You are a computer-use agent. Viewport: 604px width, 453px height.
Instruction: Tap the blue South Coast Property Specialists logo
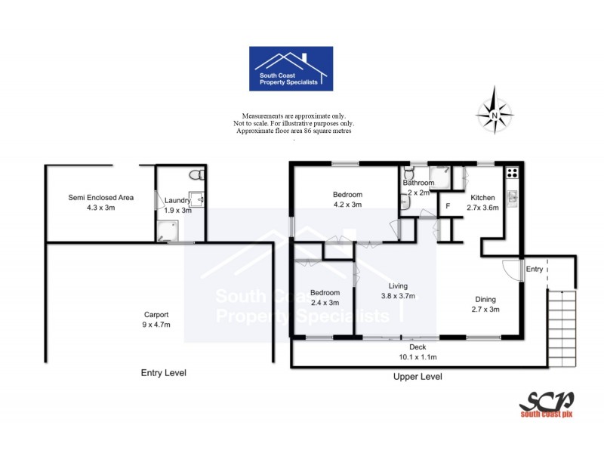tap(291, 69)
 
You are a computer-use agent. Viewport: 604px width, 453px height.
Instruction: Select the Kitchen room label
tap(482, 198)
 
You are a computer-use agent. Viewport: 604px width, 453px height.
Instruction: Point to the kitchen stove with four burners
tap(512, 172)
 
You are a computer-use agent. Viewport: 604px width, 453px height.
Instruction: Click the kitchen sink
tap(513, 198)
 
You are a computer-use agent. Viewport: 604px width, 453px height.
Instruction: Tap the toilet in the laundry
tap(196, 175)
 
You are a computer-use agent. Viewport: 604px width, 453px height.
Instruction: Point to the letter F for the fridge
tap(448, 206)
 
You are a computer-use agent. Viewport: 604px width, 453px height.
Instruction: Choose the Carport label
tap(156, 315)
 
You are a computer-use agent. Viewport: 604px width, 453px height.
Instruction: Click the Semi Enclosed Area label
tap(100, 197)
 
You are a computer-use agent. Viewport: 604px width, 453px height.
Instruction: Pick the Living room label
tap(398, 286)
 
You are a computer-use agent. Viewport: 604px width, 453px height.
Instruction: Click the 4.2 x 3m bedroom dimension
tap(348, 204)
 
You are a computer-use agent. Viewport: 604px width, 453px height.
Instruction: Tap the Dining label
tap(485, 298)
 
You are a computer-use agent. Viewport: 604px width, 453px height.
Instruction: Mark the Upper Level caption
tap(418, 376)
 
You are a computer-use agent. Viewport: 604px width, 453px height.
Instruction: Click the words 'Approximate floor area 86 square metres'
tap(294, 131)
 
